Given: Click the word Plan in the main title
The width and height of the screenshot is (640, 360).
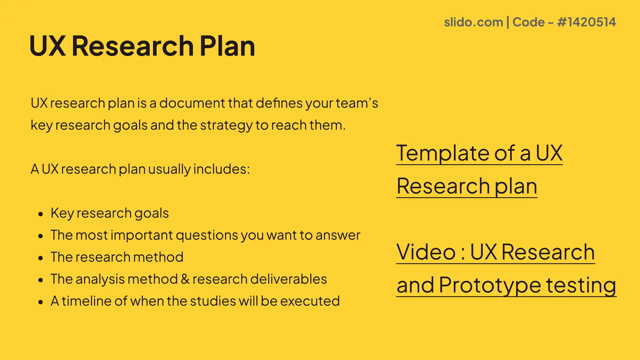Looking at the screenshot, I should (227, 46).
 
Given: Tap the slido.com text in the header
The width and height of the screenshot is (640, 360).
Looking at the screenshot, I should (473, 22).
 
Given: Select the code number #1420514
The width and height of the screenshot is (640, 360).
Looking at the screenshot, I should (586, 22).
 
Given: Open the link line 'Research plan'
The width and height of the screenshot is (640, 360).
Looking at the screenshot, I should (467, 187).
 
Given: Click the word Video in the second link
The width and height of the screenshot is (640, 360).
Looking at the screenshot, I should (426, 252).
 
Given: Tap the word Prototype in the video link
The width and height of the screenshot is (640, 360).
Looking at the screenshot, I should (490, 285).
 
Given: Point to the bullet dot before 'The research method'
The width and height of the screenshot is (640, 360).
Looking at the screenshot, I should (40, 258).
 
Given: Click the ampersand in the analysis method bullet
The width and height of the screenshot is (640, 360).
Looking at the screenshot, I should (185, 279).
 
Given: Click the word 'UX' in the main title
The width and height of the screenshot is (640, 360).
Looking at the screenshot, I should (48, 46).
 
